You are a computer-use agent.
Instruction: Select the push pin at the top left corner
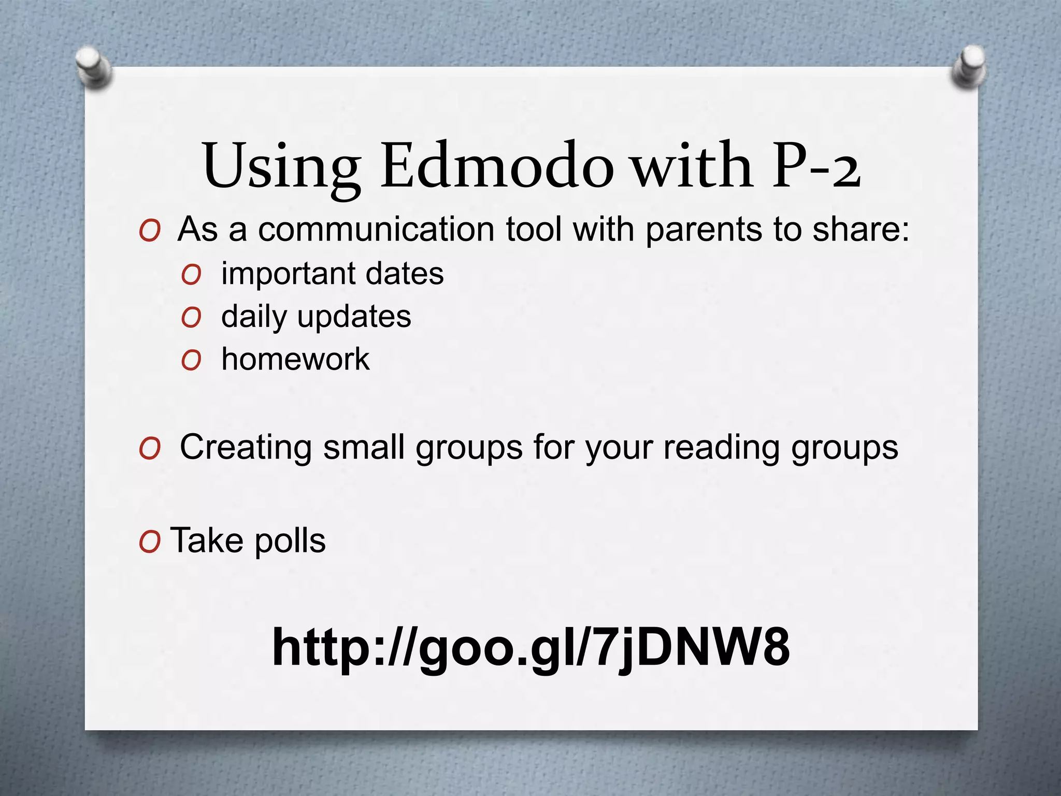(x=93, y=67)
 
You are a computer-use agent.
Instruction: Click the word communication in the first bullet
(x=376, y=229)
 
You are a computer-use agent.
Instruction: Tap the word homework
(x=295, y=359)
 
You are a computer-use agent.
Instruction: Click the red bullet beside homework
(x=191, y=360)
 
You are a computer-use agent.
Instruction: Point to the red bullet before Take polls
(x=149, y=543)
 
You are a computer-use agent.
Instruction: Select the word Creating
(x=246, y=447)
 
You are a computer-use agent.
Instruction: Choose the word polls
(x=290, y=541)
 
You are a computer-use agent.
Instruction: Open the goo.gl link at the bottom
(x=530, y=648)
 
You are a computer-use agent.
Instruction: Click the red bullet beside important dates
(x=191, y=275)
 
